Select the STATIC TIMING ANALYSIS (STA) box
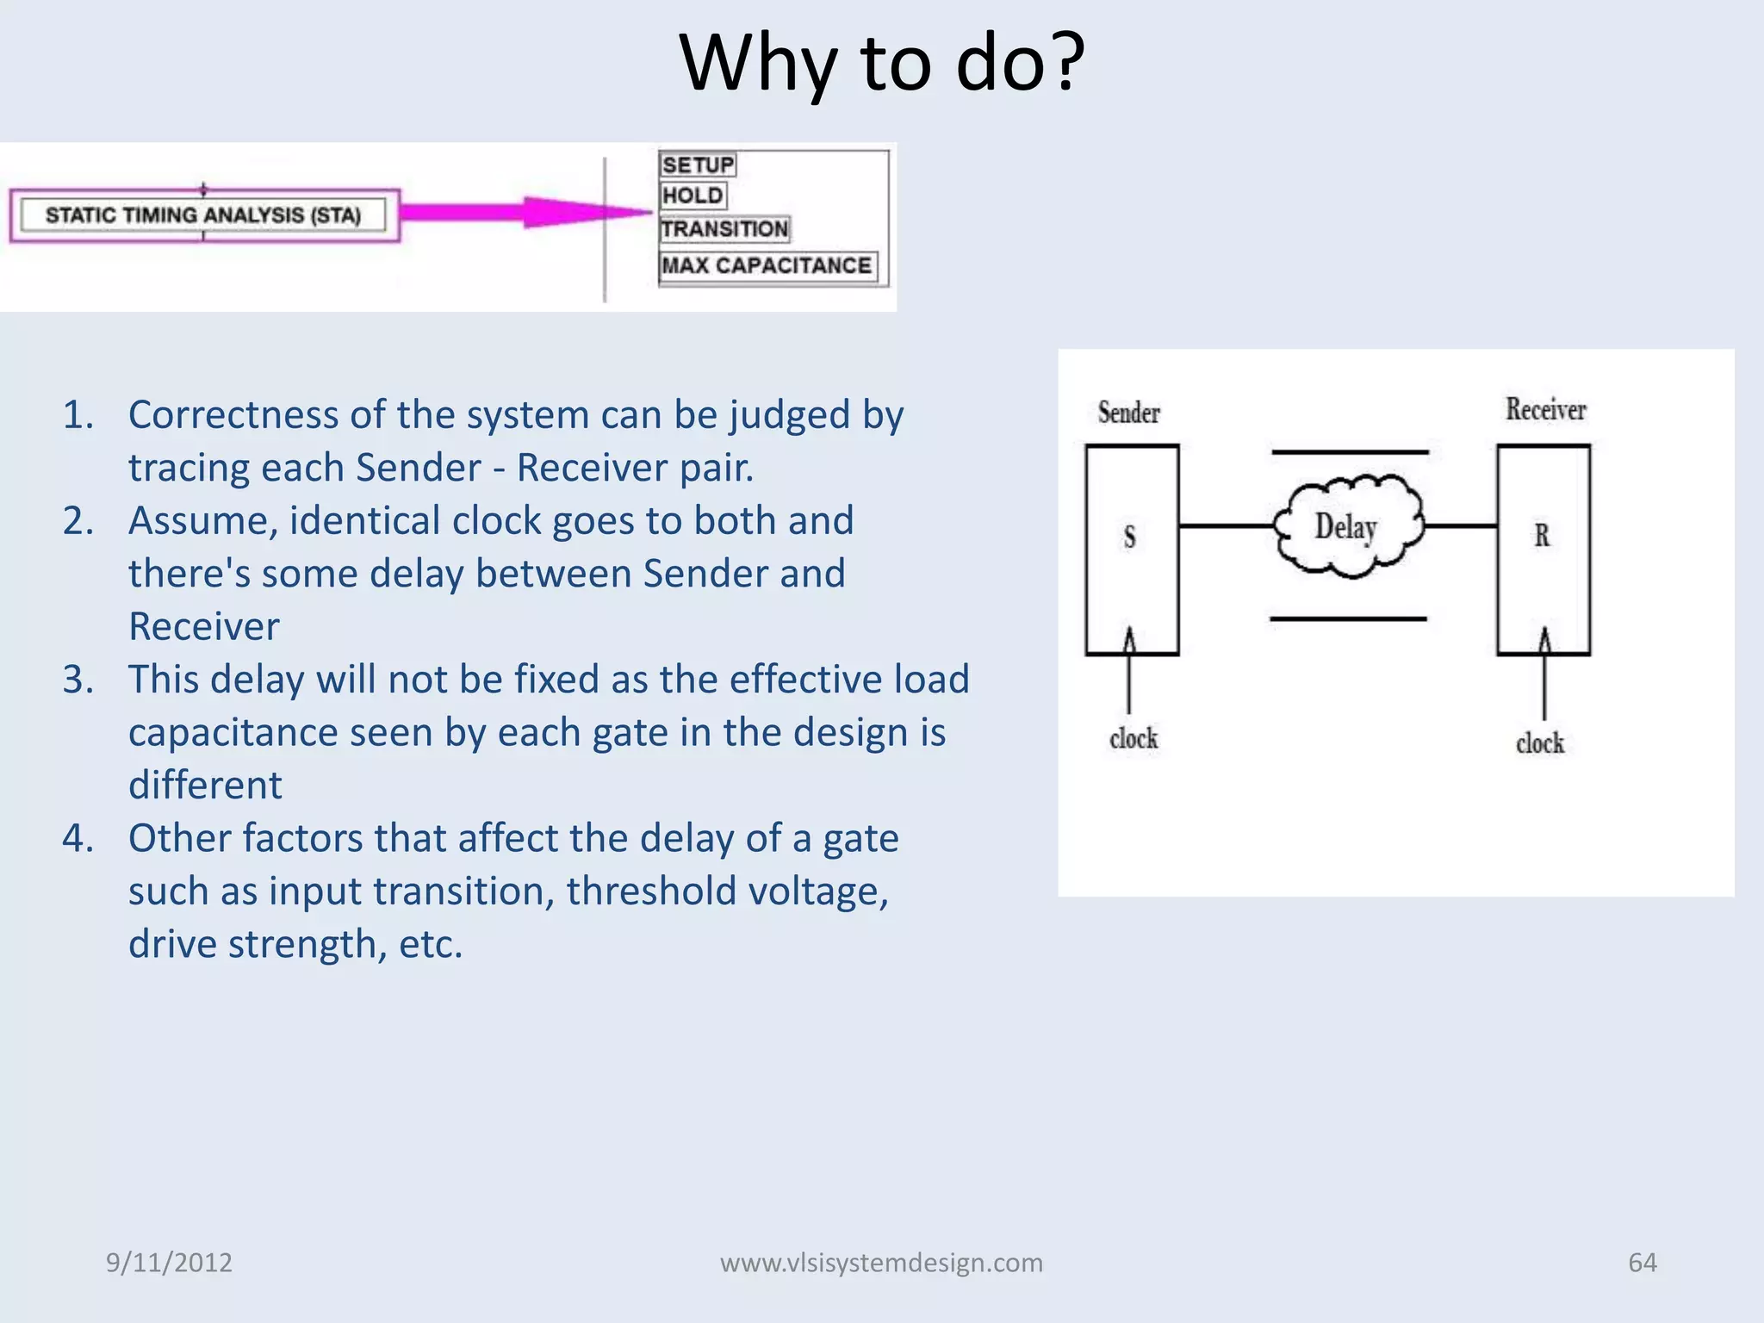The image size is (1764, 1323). point(203,214)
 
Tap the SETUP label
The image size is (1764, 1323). point(698,165)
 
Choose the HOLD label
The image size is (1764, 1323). point(693,196)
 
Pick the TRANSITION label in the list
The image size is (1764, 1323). point(724,229)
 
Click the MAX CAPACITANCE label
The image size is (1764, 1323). point(767,265)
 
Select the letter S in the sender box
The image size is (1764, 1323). point(1130,537)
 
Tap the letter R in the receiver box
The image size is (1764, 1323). point(1542,536)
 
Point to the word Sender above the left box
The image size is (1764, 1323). point(1128,413)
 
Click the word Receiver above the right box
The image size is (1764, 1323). point(1545,409)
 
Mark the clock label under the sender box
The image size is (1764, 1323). point(1134,738)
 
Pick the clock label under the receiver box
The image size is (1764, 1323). point(1539,742)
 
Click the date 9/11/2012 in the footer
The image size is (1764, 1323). point(169,1262)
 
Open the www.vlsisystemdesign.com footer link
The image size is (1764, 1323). point(881,1262)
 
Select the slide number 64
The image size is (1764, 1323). point(1642,1262)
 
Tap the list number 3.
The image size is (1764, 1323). point(78,680)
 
